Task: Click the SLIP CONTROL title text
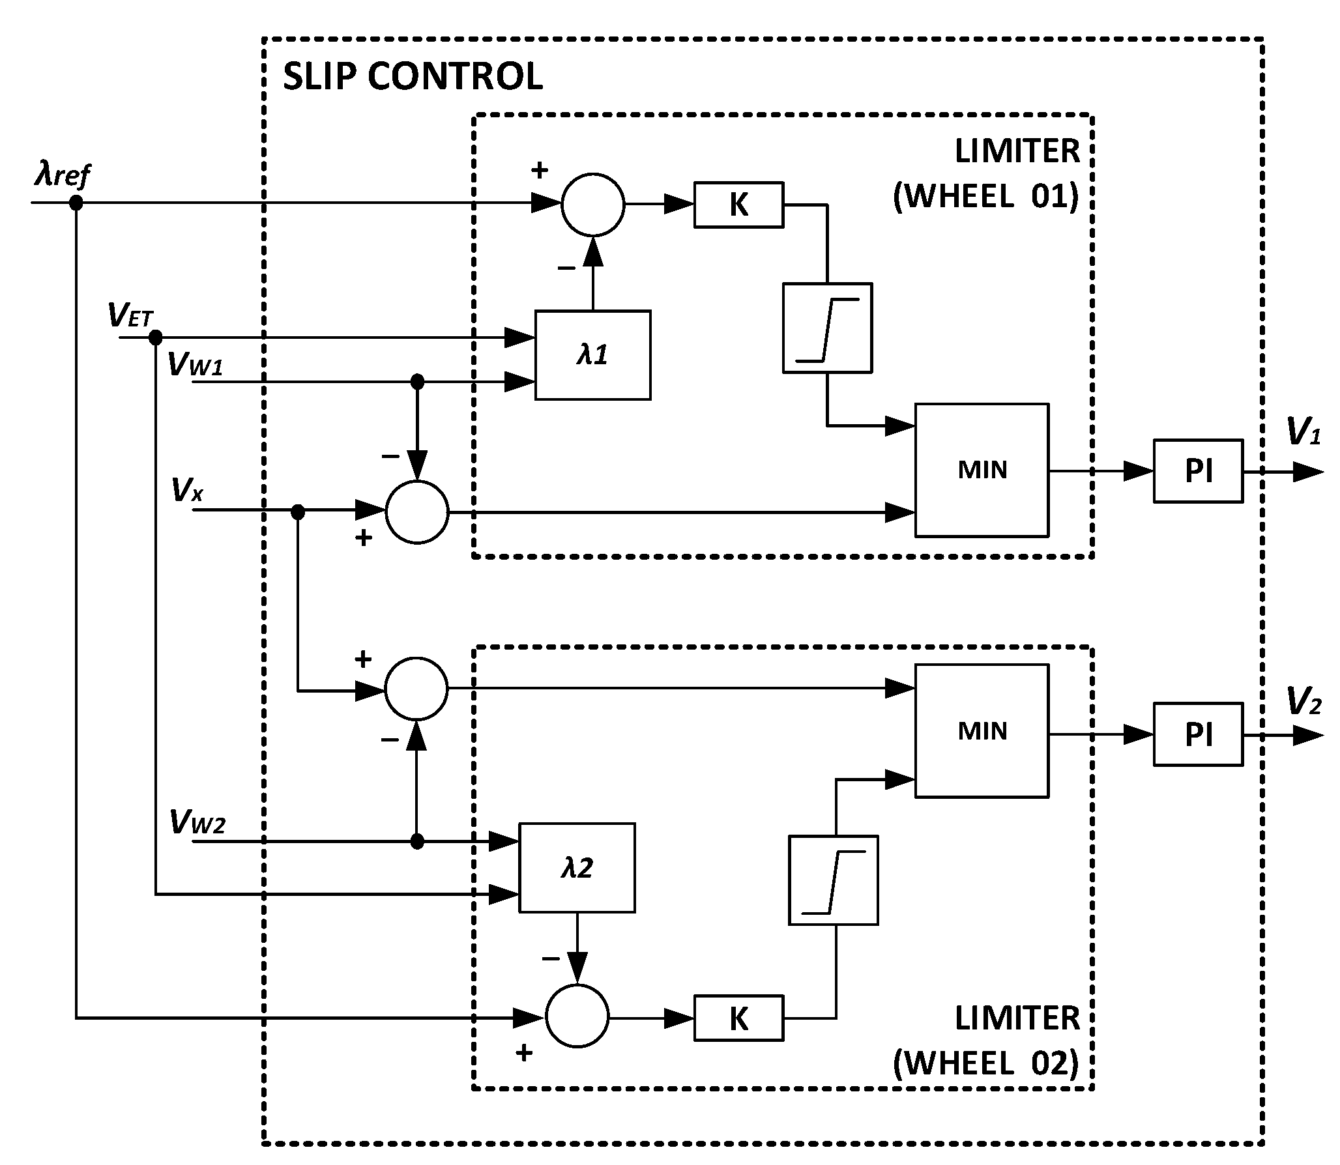(x=413, y=77)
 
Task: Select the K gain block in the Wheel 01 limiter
(x=738, y=205)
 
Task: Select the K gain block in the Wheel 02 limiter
(x=738, y=1018)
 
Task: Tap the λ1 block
(x=592, y=355)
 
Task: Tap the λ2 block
(x=577, y=868)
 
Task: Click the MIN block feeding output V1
(x=982, y=470)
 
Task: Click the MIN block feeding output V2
(x=982, y=731)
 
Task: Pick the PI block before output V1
(x=1198, y=471)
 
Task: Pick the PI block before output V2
(x=1198, y=734)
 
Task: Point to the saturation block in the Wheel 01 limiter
(x=827, y=328)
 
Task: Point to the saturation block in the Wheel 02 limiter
(x=833, y=880)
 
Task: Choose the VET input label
(x=130, y=317)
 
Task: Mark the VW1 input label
(x=196, y=364)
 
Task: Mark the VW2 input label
(x=197, y=822)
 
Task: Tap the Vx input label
(x=187, y=489)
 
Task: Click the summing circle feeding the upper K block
(x=592, y=205)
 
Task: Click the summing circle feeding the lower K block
(x=577, y=1016)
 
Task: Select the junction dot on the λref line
(x=76, y=203)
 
